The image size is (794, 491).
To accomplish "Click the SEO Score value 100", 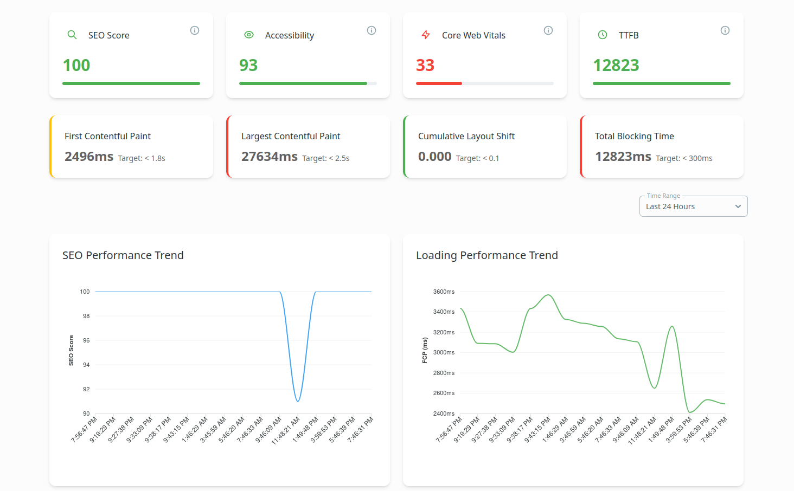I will tap(76, 66).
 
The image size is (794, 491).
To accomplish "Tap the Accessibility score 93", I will tap(248, 66).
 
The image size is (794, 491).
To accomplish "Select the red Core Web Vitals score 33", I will tap(425, 66).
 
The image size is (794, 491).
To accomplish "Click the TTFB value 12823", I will tap(616, 66).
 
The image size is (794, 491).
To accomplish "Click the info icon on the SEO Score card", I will tap(195, 30).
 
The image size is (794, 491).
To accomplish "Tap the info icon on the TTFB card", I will tap(725, 30).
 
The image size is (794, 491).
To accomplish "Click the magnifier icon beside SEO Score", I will tap(72, 35).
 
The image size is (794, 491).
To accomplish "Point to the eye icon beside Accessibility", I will tap(249, 35).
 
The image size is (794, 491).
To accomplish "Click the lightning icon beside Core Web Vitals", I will tap(426, 35).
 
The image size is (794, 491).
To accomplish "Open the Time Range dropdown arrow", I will tap(738, 206).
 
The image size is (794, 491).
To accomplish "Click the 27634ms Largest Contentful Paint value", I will tap(270, 157).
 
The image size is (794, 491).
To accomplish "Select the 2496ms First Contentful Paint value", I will tap(89, 157).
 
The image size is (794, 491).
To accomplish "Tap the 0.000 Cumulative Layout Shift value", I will tap(434, 157).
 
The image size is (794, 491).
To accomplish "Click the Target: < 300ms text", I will tap(684, 158).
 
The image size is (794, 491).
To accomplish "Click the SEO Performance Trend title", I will tap(123, 255).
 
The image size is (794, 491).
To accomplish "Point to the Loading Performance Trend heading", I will tap(486, 255).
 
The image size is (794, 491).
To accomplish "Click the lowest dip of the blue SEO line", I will tap(298, 401).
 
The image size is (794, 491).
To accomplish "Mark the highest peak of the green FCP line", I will tap(549, 295).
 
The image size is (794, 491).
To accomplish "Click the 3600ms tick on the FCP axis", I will tap(444, 292).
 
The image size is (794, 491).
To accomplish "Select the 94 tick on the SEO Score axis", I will tap(86, 365).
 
